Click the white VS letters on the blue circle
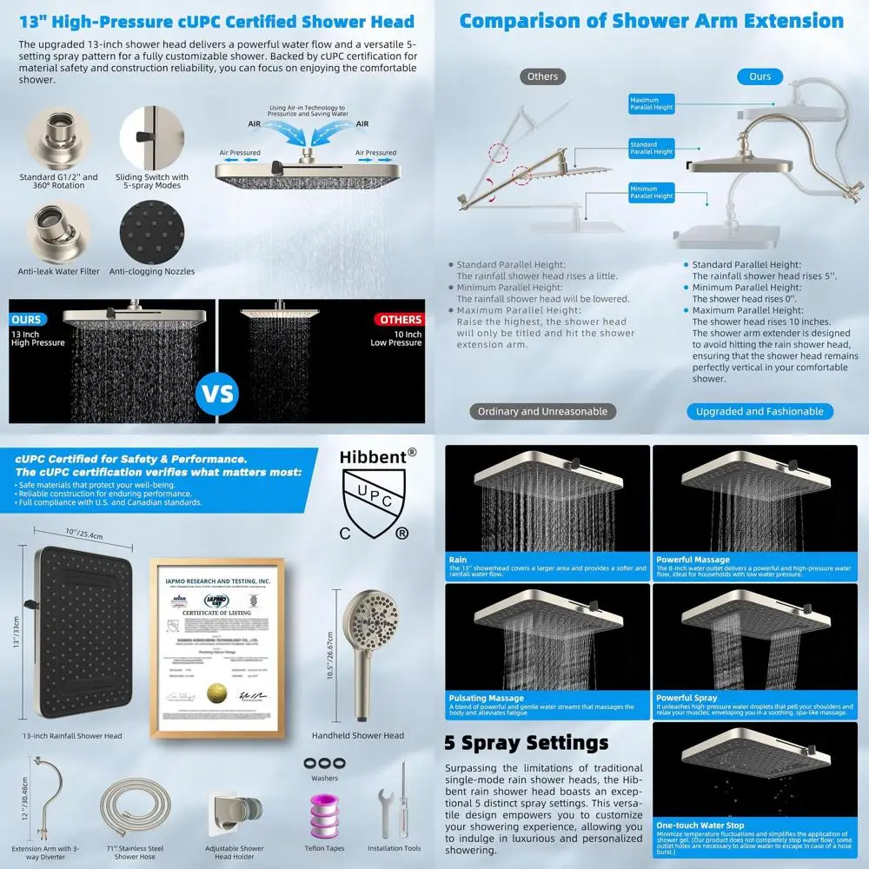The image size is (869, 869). pos(216,393)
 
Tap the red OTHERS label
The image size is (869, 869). pos(401,320)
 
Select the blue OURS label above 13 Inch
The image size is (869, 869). pos(27,320)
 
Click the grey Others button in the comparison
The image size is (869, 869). pos(542,76)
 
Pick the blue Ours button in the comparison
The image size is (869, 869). pos(760,76)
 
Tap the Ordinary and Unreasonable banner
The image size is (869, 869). pos(542,411)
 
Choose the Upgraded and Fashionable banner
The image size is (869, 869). pos(760,411)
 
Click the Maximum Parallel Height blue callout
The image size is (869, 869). pos(652,104)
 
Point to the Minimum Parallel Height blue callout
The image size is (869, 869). pos(652,193)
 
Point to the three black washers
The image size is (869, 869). pos(325,761)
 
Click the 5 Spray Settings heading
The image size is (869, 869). pos(527,743)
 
